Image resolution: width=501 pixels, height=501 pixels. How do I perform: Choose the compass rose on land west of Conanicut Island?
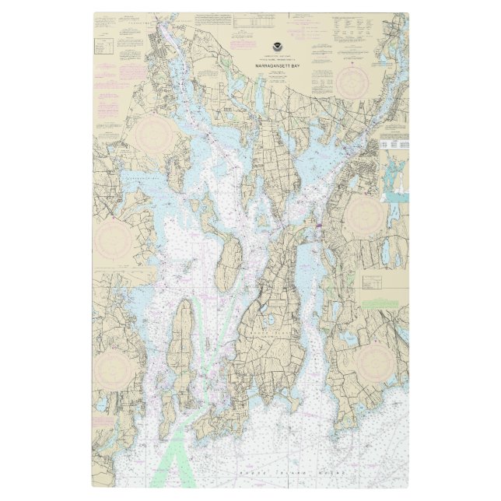click(115, 366)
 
